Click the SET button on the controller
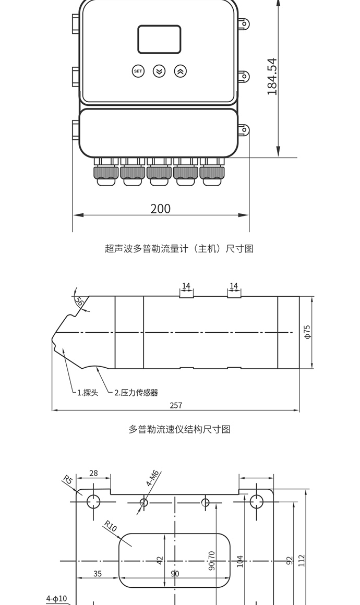[x=138, y=71]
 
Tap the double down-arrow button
[x=159, y=71]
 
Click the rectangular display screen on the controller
[x=159, y=39]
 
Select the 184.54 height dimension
[x=272, y=76]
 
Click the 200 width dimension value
[x=160, y=209]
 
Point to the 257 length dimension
[x=176, y=405]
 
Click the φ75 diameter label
[x=307, y=332]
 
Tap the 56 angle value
[x=79, y=301]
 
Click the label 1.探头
[x=88, y=393]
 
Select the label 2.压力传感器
[x=136, y=393]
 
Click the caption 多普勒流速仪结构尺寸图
[x=179, y=429]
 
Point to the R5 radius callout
[x=67, y=480]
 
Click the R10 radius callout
[x=111, y=526]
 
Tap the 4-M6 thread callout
[x=153, y=478]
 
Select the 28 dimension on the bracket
[x=93, y=473]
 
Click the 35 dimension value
[x=98, y=574]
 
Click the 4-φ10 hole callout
[x=57, y=598]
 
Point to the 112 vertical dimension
[x=302, y=560]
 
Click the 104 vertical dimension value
[x=239, y=561]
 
